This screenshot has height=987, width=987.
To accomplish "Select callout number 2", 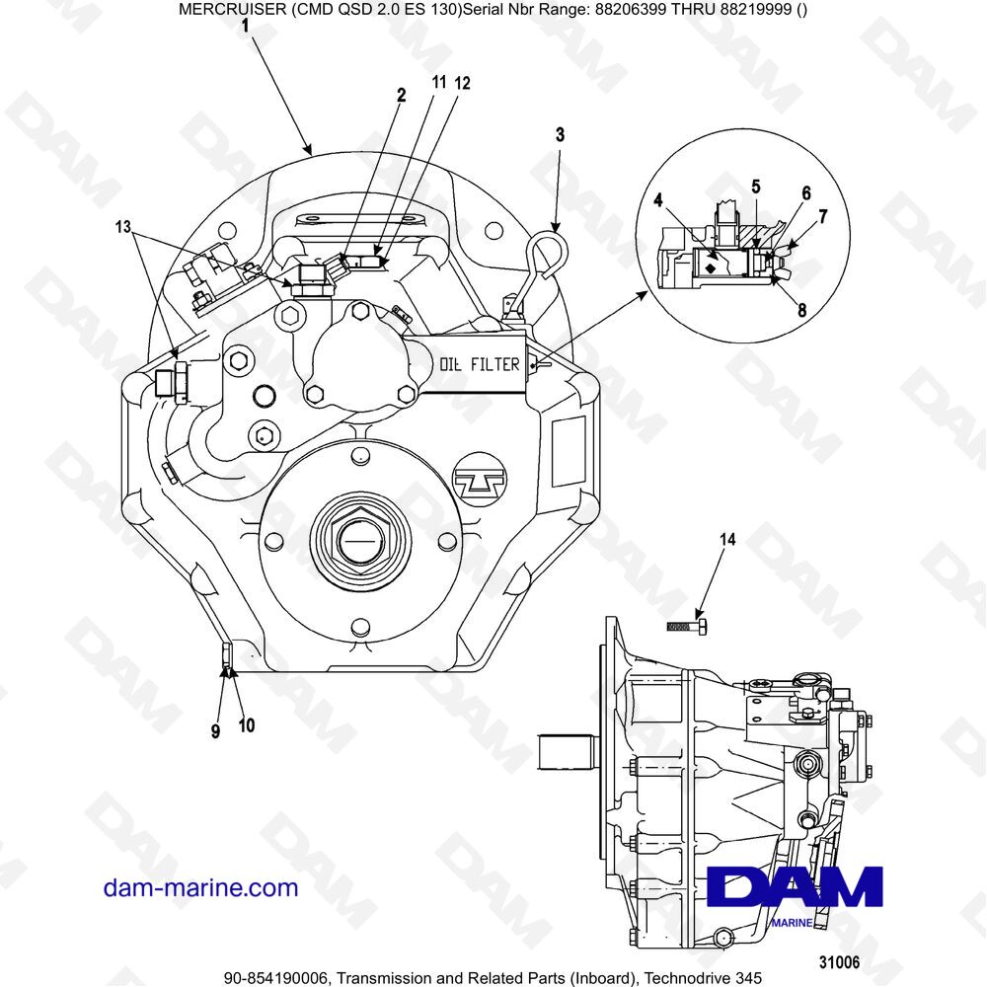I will click(401, 96).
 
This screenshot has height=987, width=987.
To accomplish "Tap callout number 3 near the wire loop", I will click(560, 135).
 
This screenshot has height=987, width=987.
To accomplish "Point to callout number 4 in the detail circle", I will click(657, 199).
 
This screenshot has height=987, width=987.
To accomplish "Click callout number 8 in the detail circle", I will click(801, 310).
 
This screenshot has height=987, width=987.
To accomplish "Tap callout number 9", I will click(215, 731).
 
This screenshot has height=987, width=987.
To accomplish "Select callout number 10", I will click(246, 725).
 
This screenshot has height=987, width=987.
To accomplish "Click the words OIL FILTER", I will click(480, 364).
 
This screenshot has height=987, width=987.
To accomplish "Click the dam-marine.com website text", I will click(200, 887).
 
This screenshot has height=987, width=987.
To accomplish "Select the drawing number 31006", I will click(840, 960).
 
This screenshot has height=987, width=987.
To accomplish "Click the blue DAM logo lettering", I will click(795, 886).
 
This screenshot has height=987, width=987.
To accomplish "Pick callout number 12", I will click(462, 84).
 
